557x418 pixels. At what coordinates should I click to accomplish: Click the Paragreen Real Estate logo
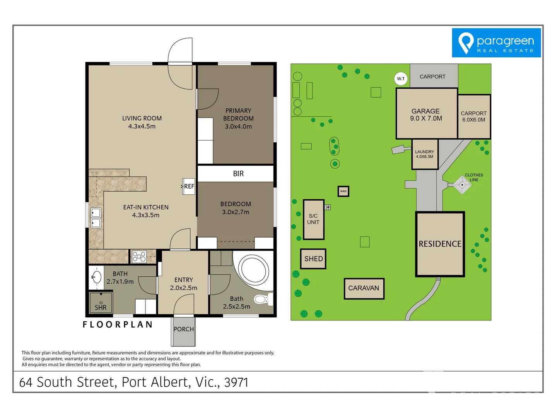coord(496,43)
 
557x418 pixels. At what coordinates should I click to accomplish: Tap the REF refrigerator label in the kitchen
coord(189,186)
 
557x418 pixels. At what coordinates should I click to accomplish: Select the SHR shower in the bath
coord(101,302)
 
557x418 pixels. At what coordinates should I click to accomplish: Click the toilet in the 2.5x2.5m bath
coord(262,299)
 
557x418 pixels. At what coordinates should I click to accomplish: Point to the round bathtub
coord(253,269)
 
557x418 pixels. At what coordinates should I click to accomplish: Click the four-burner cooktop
coord(139,257)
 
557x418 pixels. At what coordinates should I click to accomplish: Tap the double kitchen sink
coord(96,218)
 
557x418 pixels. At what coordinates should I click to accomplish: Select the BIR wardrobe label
coord(238,174)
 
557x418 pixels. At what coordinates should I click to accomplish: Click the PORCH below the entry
coord(183,329)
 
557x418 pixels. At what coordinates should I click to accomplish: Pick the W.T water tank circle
coord(401,79)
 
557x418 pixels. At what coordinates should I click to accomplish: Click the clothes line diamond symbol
coord(462,185)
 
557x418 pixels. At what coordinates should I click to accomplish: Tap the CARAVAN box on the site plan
coord(364,288)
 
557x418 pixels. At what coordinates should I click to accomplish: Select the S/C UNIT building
coord(313,219)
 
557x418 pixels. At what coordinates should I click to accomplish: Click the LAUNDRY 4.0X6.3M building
coord(425,154)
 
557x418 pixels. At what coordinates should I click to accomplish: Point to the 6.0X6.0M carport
coord(474,116)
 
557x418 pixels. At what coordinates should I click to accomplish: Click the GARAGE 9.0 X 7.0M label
coord(426,115)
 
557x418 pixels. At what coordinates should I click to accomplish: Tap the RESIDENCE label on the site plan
coord(440,244)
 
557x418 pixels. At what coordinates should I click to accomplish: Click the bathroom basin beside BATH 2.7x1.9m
coord(96,277)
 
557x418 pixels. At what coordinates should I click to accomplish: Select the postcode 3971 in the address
coord(236,382)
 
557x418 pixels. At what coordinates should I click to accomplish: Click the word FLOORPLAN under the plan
coord(118,324)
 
